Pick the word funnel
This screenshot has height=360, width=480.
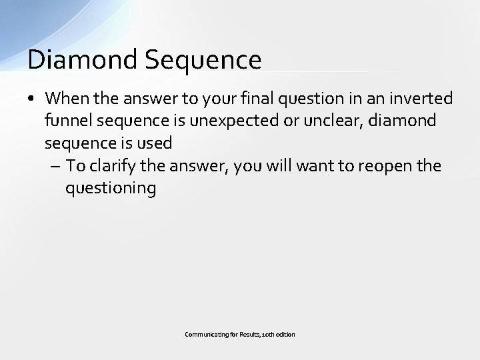[x=67, y=121]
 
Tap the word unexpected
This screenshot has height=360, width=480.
[x=266, y=121]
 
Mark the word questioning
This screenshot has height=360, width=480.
[x=110, y=189]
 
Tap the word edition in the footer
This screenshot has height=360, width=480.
[x=285, y=334]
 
